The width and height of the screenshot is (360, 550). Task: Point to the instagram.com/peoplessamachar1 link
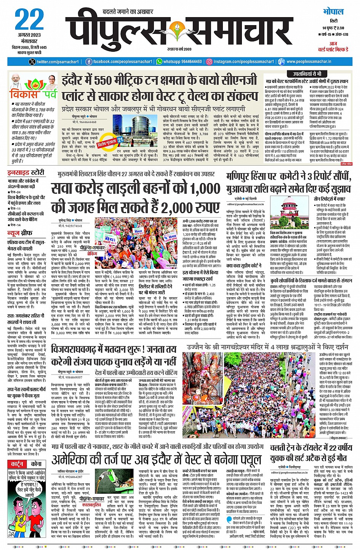pos(243,62)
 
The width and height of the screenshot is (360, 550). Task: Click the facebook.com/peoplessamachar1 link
pos(120,62)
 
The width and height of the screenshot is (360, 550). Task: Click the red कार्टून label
pos(17,464)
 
